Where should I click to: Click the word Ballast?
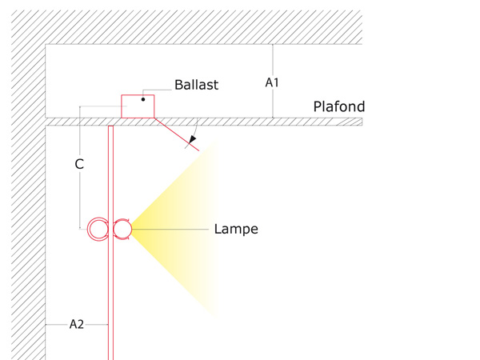point(196,85)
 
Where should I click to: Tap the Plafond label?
point(339,107)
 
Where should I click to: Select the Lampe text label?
point(236,229)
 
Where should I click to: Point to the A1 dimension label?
point(272,82)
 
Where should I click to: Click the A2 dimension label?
point(77,324)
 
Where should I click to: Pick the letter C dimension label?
point(79,164)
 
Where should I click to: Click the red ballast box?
point(138,106)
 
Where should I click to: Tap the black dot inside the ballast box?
point(143,99)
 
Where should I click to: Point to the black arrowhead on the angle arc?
point(192,139)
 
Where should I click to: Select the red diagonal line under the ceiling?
point(177,134)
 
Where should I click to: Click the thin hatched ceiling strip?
point(204,122)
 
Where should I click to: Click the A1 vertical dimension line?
point(273,81)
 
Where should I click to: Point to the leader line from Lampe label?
point(170,229)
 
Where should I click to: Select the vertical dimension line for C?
point(80,167)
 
